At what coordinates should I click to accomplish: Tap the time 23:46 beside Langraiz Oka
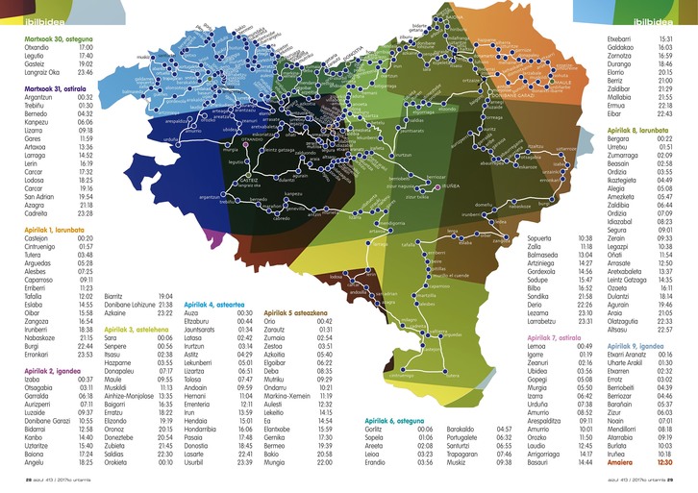point(85,71)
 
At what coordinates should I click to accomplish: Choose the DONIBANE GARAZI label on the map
point(519,95)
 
